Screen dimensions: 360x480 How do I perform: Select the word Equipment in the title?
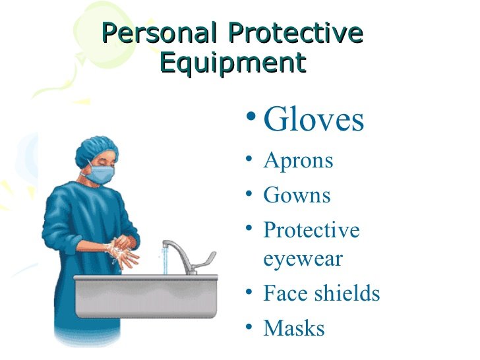pos(233,63)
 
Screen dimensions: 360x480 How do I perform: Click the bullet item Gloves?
pos(313,120)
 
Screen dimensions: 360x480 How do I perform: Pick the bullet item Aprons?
pos(298,161)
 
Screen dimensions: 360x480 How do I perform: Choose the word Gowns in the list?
pos(297,195)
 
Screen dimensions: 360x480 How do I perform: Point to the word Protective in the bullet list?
pos(311,230)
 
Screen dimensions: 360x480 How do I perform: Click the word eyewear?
pos(303,258)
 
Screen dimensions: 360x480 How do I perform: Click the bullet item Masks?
pos(294,328)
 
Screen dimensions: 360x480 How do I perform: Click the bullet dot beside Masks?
pos(247,325)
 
